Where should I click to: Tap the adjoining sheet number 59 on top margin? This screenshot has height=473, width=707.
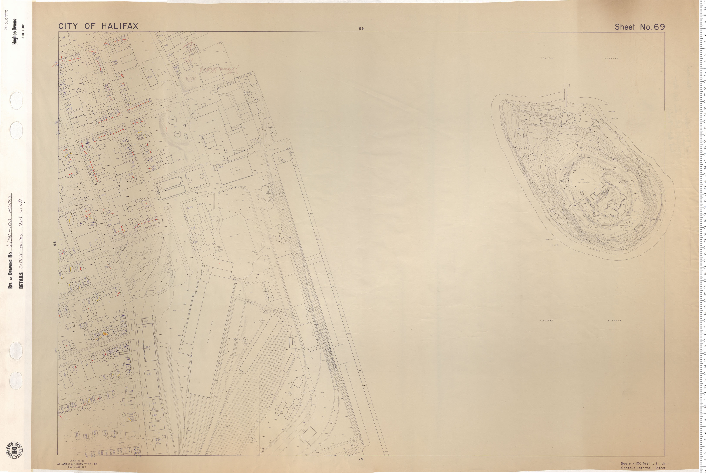(x=361, y=29)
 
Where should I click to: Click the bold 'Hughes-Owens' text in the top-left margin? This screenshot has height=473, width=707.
(x=14, y=32)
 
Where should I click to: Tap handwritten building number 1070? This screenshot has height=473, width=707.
(x=130, y=402)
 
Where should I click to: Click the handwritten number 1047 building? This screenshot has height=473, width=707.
(x=154, y=415)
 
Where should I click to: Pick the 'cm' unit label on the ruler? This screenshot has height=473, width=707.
(x=705, y=74)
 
